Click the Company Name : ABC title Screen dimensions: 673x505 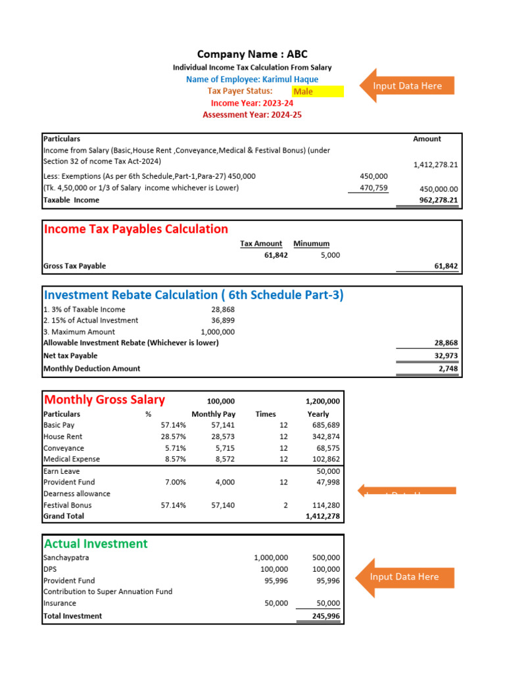click(x=252, y=54)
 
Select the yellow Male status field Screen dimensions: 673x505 click(x=318, y=91)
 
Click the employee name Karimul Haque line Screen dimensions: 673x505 click(x=252, y=79)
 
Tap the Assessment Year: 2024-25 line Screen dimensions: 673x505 click(x=252, y=115)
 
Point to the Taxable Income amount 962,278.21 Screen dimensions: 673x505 click(x=439, y=200)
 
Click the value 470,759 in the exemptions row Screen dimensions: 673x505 click(x=374, y=188)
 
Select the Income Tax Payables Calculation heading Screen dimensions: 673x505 click(x=135, y=229)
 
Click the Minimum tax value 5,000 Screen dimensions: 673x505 click(x=330, y=255)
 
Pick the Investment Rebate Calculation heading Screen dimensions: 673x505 click(x=193, y=295)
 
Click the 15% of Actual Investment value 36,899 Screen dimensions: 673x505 click(x=222, y=320)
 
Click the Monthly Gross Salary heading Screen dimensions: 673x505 click(x=104, y=400)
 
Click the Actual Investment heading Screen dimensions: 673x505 click(x=95, y=544)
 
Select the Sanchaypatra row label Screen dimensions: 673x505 click(x=66, y=557)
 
